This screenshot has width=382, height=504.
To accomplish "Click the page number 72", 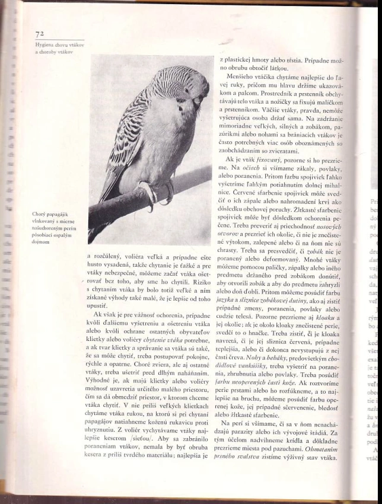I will pyautogui.click(x=40, y=34).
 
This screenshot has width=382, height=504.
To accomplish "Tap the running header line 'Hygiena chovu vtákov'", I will pyautogui.click(x=59, y=45).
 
